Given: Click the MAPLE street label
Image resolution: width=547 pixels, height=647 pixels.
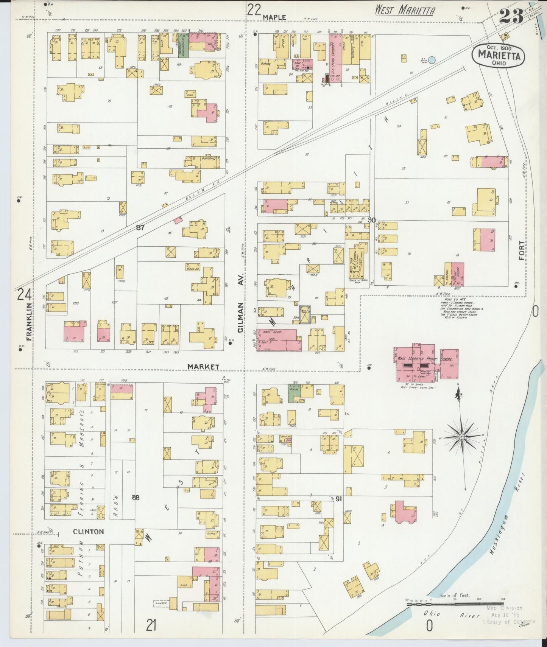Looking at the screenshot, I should coord(274,17).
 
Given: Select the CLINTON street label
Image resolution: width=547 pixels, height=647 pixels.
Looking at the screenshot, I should coord(88,532).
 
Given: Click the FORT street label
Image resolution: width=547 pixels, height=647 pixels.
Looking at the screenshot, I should coord(522,250).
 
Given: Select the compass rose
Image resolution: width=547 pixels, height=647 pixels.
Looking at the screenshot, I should coord(461,437).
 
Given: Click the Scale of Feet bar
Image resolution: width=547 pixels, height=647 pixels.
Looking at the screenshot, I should coord(454,604).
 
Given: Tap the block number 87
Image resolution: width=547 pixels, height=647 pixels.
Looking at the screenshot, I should coord(140,228).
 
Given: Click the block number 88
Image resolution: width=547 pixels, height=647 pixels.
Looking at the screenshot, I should coord(136,498).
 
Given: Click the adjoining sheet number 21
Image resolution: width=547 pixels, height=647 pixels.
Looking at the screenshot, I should coord(151,627).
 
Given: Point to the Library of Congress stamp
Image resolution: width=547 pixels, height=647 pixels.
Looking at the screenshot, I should coord(509,622).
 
